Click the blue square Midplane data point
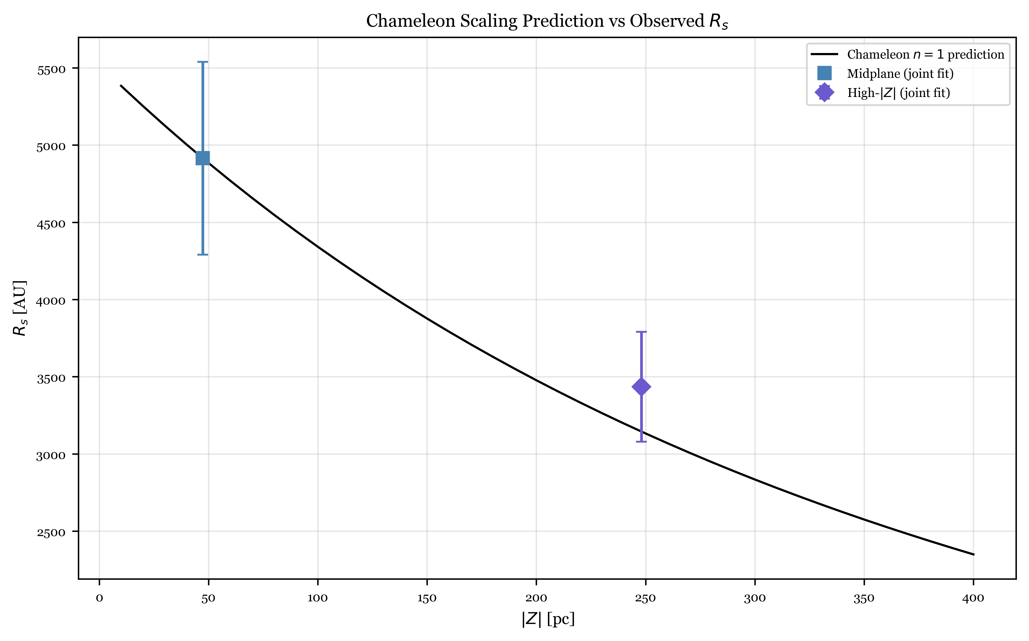(x=203, y=158)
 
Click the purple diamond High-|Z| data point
(x=641, y=387)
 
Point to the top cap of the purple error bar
(x=641, y=332)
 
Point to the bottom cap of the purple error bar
(x=641, y=442)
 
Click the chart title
(x=547, y=21)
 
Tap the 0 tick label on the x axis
(x=99, y=598)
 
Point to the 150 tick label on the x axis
(x=427, y=598)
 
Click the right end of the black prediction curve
(x=973, y=554)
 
